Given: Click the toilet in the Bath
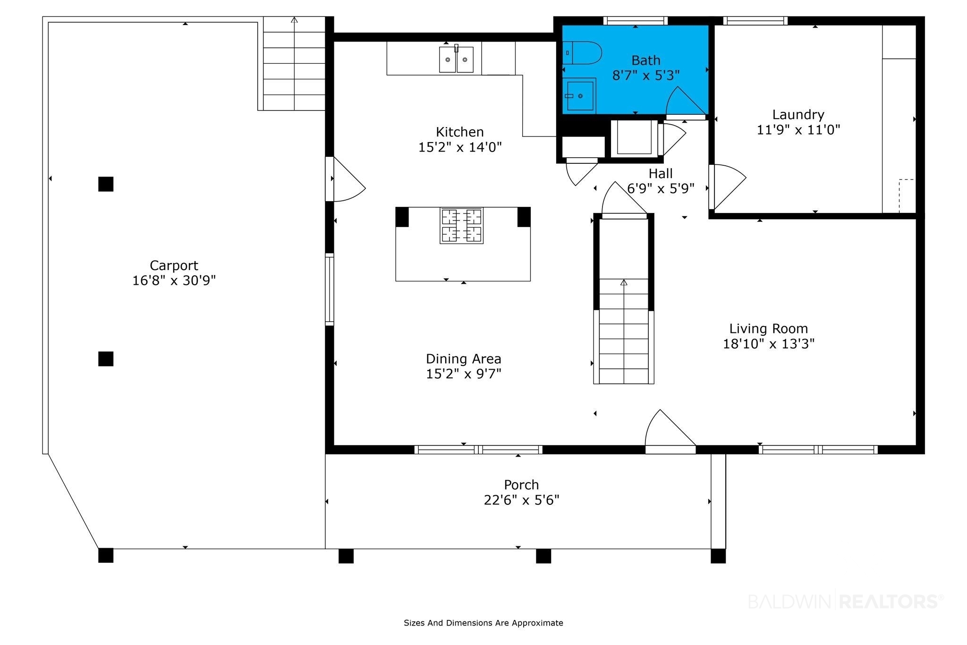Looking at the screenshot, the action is pyautogui.click(x=582, y=53).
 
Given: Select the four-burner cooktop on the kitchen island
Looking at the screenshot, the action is pyautogui.click(x=461, y=225).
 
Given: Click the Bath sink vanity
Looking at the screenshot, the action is pyautogui.click(x=579, y=96).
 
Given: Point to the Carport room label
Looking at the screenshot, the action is pyautogui.click(x=174, y=265).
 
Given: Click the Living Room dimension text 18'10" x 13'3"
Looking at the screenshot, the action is pyautogui.click(x=769, y=343).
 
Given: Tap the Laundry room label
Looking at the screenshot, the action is pyautogui.click(x=798, y=115).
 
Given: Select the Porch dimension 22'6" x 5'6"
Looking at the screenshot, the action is pyautogui.click(x=521, y=500).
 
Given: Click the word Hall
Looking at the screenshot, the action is pyautogui.click(x=661, y=173).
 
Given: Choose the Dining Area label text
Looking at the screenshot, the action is pyautogui.click(x=463, y=359).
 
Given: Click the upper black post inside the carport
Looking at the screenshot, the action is pyautogui.click(x=106, y=184).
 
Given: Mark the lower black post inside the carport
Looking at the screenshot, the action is pyautogui.click(x=106, y=359).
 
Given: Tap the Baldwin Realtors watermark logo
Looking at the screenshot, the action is pyautogui.click(x=846, y=602).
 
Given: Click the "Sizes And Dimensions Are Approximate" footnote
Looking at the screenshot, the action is pyautogui.click(x=483, y=623).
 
